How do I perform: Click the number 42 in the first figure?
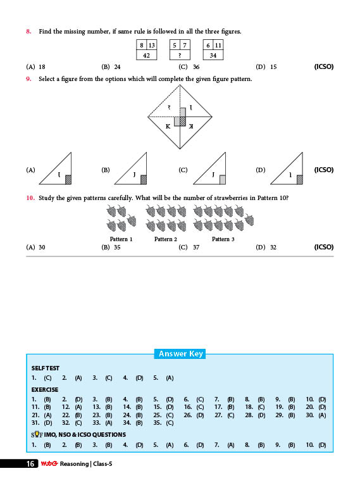[x=146, y=55]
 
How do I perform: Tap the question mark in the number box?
[x=180, y=55]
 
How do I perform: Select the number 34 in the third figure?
[x=213, y=55]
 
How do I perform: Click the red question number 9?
[x=28, y=79]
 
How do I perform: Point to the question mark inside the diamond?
[x=169, y=107]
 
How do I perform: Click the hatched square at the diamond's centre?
[x=183, y=122]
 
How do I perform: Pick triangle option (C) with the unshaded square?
[x=209, y=169]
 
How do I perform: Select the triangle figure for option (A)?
[x=55, y=169]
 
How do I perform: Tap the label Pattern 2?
[x=166, y=239]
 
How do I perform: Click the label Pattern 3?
[x=223, y=239]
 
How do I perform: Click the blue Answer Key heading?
[x=180, y=354]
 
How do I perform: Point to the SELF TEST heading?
[x=46, y=368]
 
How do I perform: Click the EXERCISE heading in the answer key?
[x=45, y=390]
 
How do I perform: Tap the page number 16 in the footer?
[x=30, y=464]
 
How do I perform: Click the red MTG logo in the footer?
[x=49, y=463]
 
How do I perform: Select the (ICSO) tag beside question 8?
[x=324, y=66]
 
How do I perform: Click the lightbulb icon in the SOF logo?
[x=37, y=434]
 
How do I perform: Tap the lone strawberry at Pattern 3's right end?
[x=249, y=220]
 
